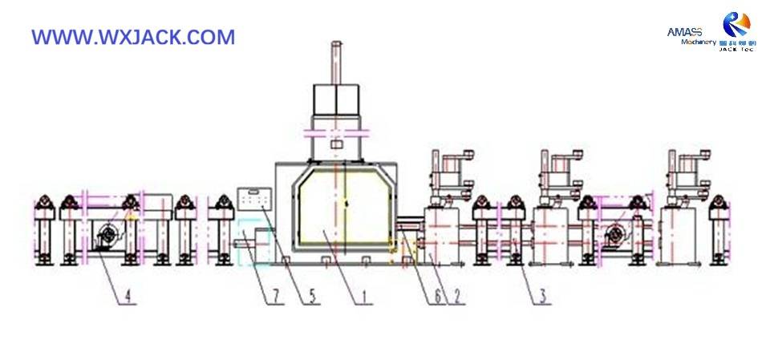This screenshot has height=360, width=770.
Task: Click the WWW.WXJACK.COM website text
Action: tap(133, 37)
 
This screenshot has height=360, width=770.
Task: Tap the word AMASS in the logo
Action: tap(684, 31)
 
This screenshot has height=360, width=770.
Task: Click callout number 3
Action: tap(543, 297)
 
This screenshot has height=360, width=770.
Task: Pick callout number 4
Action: tap(126, 297)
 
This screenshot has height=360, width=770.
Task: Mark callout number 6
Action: tap(438, 297)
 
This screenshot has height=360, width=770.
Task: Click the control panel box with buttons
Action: tap(254, 199)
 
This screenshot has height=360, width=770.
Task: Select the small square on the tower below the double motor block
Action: tap(338, 146)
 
